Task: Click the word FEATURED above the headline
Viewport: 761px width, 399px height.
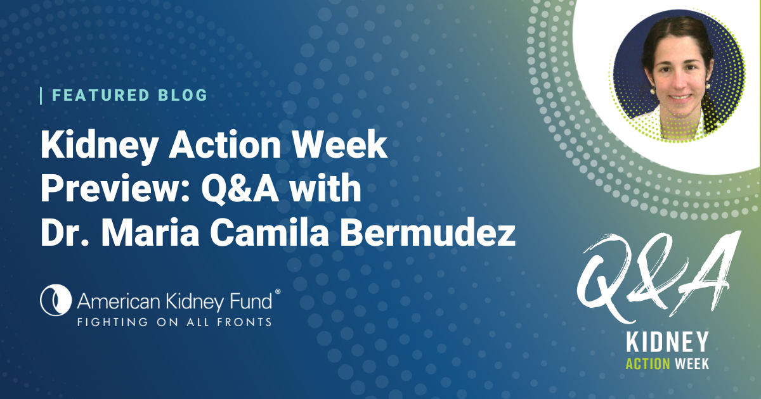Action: point(101,96)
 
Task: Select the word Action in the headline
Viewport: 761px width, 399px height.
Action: point(225,144)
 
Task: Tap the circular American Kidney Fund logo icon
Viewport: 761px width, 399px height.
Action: point(56,300)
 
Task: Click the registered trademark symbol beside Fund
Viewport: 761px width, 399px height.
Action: point(277,291)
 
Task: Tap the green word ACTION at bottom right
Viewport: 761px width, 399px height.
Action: point(647,364)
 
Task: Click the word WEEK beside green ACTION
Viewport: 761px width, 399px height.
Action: point(692,364)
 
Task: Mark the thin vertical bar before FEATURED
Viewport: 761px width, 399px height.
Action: point(41,96)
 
